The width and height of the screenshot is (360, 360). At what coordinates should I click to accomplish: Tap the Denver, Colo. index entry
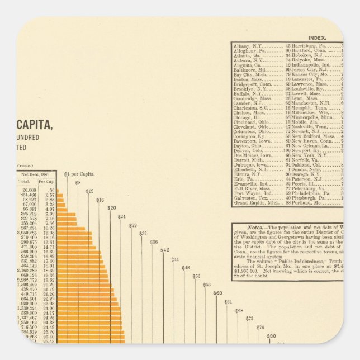point(249,151)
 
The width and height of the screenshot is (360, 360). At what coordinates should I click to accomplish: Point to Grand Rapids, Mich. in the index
point(256,202)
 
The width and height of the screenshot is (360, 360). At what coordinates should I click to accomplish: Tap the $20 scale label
point(111,207)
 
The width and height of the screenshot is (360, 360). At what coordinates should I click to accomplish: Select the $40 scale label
point(165,250)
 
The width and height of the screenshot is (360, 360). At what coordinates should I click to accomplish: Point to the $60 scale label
point(217,293)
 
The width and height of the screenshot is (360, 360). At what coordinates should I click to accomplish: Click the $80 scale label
point(271,336)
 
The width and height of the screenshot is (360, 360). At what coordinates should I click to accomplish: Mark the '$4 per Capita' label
point(79,174)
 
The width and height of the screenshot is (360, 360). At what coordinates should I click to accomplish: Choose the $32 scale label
point(143,233)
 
